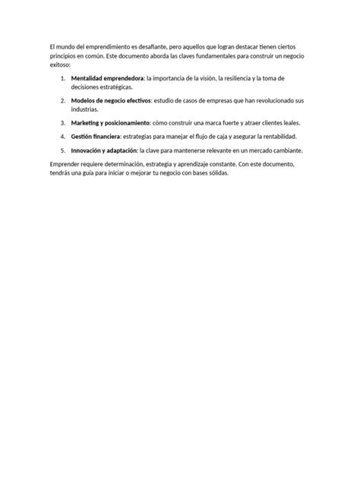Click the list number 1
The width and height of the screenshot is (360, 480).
click(x=62, y=78)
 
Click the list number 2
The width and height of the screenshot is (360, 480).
click(x=62, y=100)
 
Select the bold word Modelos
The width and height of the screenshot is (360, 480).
click(x=84, y=100)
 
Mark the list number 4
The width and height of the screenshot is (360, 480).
click(x=62, y=137)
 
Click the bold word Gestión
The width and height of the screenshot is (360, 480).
click(x=84, y=137)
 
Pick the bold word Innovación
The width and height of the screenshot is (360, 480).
click(x=90, y=150)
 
